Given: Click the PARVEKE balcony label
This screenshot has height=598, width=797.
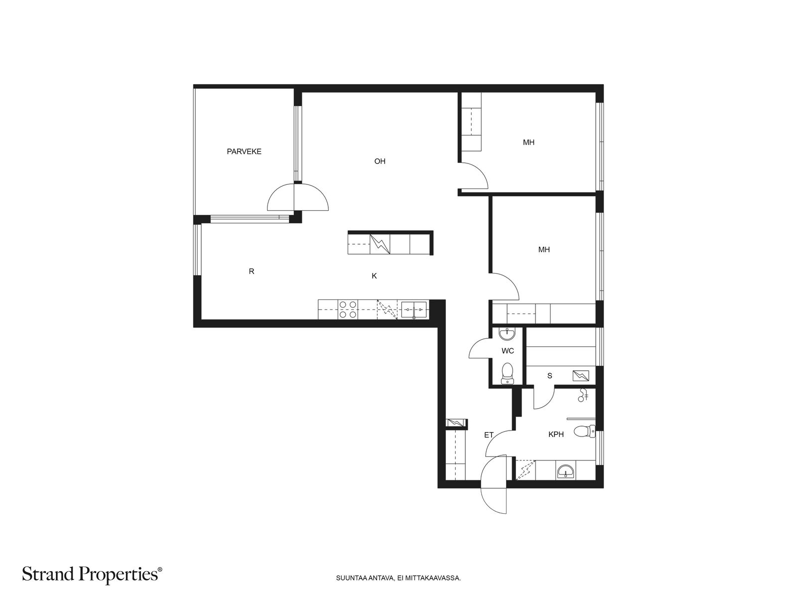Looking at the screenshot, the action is click(244, 151).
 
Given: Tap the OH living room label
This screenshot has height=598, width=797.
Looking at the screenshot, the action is click(380, 161).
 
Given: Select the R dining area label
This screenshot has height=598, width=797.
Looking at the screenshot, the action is click(251, 271).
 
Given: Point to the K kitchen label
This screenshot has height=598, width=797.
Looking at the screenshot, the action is click(374, 276).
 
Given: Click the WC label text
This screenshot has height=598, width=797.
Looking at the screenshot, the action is click(508, 351).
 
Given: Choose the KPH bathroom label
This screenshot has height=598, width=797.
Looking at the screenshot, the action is click(556, 434).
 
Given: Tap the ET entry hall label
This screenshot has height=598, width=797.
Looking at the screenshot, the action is click(489, 435).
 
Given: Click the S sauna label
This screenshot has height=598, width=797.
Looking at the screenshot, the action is click(550, 376).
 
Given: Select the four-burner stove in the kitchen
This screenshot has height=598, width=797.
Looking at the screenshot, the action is click(348, 309).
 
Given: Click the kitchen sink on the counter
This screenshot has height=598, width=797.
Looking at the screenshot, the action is click(414, 309).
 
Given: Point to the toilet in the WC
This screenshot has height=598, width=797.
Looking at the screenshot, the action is click(507, 373).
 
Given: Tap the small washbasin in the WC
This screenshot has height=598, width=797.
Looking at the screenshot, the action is click(507, 334).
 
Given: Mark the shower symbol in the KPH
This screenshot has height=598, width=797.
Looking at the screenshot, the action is click(583, 395).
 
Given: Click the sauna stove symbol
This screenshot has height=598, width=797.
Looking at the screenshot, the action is click(581, 376).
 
